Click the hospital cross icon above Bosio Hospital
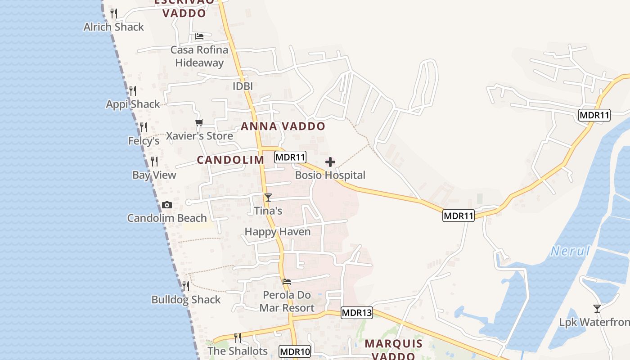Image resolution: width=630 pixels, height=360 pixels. point(330,162)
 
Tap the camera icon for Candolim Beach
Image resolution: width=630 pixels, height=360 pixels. point(166,205)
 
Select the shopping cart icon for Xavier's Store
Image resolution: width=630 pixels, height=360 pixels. point(199,122)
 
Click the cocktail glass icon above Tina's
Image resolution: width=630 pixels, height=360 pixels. point(268,197)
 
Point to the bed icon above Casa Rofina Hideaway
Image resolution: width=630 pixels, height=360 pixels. point(199,36)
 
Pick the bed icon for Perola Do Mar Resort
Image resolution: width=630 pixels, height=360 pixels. point(287,282)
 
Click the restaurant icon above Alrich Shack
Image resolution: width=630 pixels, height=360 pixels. point(114,13)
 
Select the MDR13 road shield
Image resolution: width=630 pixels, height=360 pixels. point(357,313)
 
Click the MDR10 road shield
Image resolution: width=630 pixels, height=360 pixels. point(295,351)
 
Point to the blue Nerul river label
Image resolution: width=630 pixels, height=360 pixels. point(570,251)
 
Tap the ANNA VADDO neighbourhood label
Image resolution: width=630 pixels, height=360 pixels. point(283,126)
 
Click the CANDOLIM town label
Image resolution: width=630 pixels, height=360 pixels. point(230,160)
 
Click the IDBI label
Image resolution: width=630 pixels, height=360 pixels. point(243,86)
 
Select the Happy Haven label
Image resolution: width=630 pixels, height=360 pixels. point(278,232)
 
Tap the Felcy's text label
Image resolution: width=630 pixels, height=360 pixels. point(144,141)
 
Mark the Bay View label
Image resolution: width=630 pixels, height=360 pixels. point(154,175)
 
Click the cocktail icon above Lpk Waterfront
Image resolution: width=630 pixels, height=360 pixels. point(597,309)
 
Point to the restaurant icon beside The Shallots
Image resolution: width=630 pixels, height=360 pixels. point(238,337)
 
